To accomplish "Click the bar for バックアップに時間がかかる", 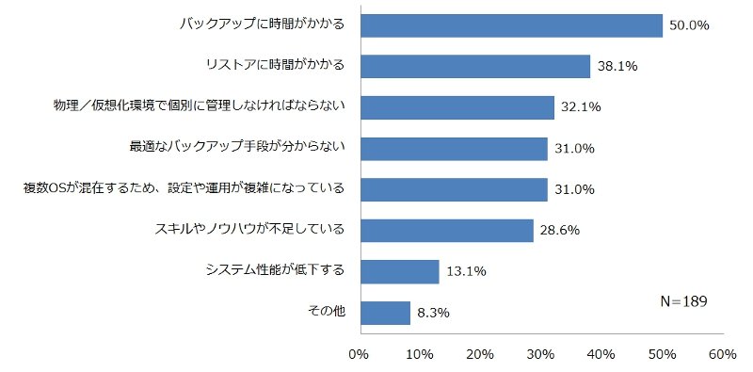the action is click(511, 25).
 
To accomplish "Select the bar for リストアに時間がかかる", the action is click(475, 66).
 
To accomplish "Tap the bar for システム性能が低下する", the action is click(400, 272).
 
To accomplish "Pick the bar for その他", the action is click(386, 313).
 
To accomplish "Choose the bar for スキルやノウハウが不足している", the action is click(447, 231).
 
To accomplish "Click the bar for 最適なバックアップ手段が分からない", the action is click(455, 149).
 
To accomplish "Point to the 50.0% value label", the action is click(689, 25).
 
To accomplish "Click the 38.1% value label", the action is click(617, 66).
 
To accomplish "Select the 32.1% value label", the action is click(581, 107).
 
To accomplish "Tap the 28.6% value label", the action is click(560, 231).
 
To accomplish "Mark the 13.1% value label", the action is click(466, 272).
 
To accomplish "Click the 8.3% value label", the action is click(433, 313).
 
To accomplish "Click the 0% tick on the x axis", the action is click(360, 355).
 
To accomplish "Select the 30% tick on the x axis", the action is click(540, 355).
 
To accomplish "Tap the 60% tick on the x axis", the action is click(722, 355).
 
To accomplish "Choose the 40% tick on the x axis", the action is click(601, 355).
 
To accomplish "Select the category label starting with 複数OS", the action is click(184, 188).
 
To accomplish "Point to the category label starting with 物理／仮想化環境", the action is click(200, 106).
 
